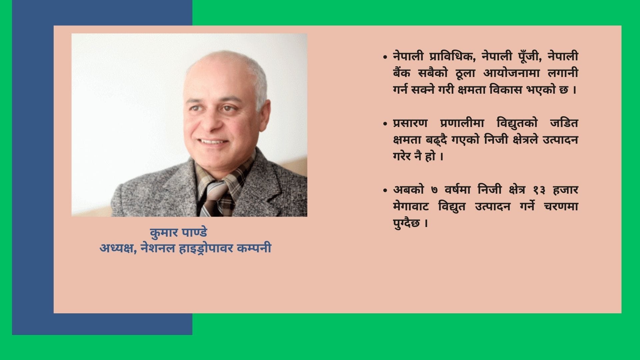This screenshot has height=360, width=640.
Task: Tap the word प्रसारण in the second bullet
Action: tap(410, 123)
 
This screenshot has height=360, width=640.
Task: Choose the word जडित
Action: tap(564, 123)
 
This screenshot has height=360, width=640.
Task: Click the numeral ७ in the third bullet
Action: tap(434, 190)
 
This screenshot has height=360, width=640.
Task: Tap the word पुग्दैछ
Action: tap(406, 223)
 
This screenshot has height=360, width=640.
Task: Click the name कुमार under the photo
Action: tap(164, 232)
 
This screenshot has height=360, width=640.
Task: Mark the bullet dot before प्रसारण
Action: tap(385, 124)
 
